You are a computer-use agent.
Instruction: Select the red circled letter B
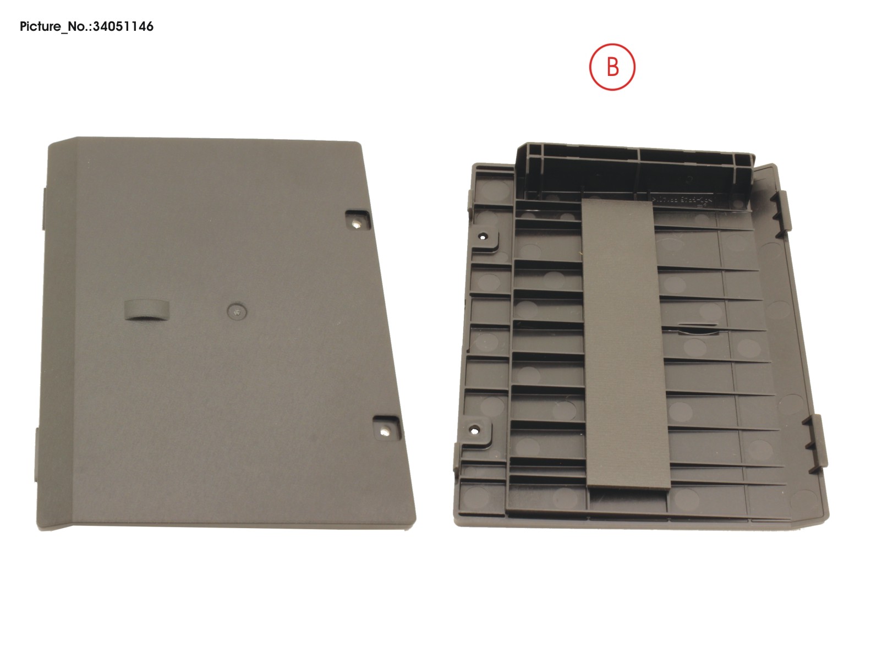(612, 67)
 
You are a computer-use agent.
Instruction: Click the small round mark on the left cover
(237, 311)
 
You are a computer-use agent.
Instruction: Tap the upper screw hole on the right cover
(483, 237)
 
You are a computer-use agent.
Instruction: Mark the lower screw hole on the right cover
(473, 430)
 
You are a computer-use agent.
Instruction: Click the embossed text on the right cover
(681, 202)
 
